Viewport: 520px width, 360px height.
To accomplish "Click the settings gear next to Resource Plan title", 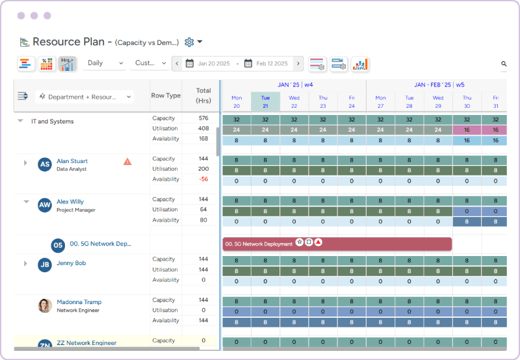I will click(x=189, y=42).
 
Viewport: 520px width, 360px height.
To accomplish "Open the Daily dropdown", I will click(x=103, y=63).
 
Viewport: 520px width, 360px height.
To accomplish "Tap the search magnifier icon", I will click(x=504, y=64).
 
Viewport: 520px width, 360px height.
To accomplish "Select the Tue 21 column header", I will click(x=265, y=101).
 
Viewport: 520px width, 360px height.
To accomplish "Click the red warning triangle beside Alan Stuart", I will click(x=128, y=161).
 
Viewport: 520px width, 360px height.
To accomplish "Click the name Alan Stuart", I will click(x=71, y=161).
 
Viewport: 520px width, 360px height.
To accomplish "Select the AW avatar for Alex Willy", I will click(x=44, y=205).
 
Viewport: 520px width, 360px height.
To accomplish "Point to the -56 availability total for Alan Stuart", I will click(x=203, y=179).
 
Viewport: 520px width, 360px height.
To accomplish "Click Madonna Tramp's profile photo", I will click(x=45, y=305).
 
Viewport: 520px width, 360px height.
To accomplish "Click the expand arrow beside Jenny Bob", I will click(x=25, y=264).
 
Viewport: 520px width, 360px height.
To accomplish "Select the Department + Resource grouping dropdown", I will click(x=84, y=96).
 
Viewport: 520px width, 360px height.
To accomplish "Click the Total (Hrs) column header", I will click(x=203, y=96).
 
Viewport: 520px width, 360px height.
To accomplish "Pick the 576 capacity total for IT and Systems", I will click(x=203, y=118).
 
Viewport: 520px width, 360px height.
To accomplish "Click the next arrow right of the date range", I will click(x=298, y=64).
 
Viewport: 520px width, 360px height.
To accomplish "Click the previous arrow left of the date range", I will click(x=177, y=64).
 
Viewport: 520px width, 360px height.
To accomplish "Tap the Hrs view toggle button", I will click(x=67, y=63).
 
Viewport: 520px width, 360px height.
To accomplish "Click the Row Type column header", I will click(x=166, y=96).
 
